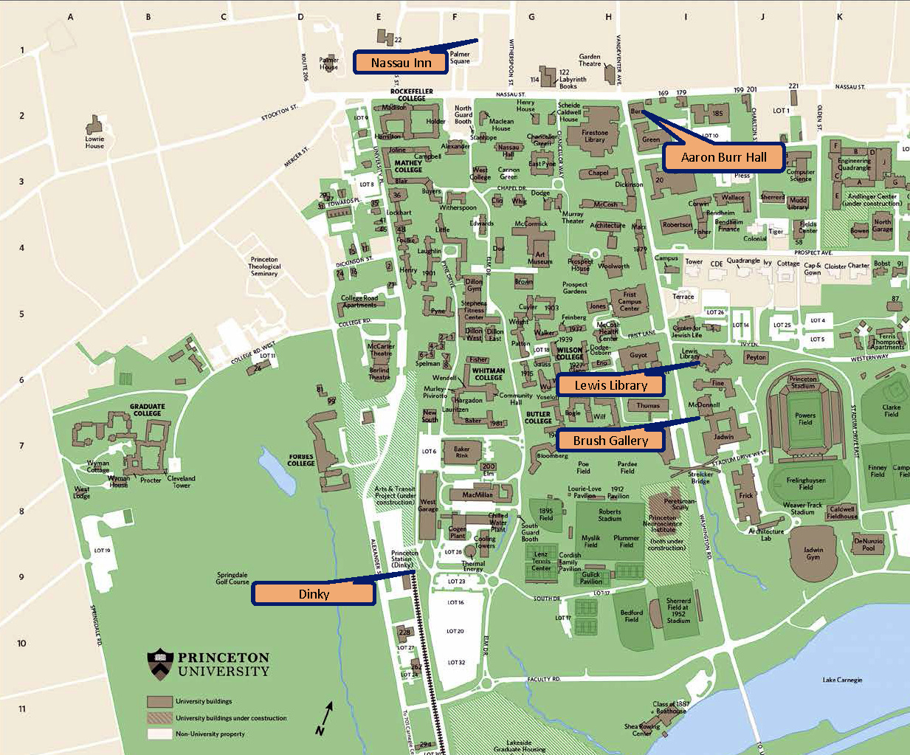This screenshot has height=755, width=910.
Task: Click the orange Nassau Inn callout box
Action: pyautogui.click(x=401, y=63)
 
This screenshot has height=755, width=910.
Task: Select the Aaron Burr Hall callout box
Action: pyautogui.click(x=723, y=157)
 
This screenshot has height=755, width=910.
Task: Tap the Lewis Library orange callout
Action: pyautogui.click(x=610, y=385)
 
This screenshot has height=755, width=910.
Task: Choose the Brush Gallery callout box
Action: pyautogui.click(x=610, y=441)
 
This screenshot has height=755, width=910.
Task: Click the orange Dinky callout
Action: pyautogui.click(x=314, y=593)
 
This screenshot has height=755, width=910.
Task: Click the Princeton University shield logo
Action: pyautogui.click(x=160, y=663)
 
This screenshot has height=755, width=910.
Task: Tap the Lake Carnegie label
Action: pyautogui.click(x=842, y=680)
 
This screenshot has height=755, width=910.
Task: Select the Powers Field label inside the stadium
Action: pyautogui.click(x=804, y=418)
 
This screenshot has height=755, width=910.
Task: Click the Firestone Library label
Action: pyautogui.click(x=594, y=137)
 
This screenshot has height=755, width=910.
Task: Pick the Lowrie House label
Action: pyautogui.click(x=94, y=142)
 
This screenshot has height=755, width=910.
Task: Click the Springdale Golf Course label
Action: pyautogui.click(x=232, y=578)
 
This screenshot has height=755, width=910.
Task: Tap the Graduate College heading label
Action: pyautogui.click(x=147, y=410)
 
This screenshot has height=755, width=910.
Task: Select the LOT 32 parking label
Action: pyautogui.click(x=456, y=662)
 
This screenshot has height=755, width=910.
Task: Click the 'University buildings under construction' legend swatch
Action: pyautogui.click(x=159, y=717)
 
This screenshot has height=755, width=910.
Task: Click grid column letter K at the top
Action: pyautogui.click(x=839, y=16)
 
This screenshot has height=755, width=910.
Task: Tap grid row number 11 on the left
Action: pyautogui.click(x=22, y=709)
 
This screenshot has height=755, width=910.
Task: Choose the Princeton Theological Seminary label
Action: pyautogui.click(x=264, y=266)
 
